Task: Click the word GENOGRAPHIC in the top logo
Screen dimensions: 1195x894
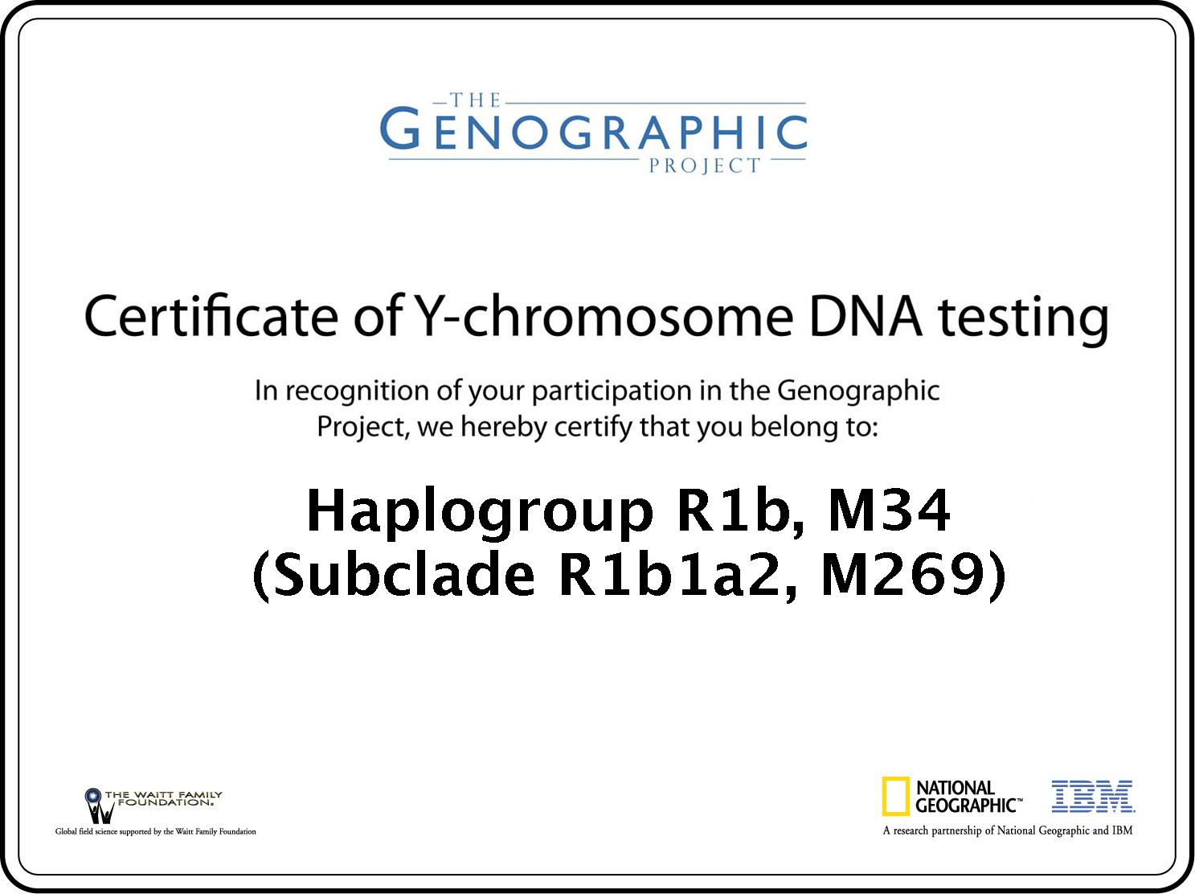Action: point(593,129)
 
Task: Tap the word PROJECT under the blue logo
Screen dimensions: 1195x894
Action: point(705,166)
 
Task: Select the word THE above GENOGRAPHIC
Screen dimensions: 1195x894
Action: point(475,100)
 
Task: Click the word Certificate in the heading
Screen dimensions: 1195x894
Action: point(211,316)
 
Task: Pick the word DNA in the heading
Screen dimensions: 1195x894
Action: point(866,316)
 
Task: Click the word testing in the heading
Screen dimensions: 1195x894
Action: point(1024,320)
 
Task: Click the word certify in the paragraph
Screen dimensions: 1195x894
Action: point(592,428)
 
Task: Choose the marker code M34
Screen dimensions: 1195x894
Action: point(889,511)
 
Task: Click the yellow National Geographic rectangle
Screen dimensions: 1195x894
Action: point(895,796)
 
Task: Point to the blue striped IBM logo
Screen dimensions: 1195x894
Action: point(1093,796)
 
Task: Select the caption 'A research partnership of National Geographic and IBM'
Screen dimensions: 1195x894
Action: point(1008,830)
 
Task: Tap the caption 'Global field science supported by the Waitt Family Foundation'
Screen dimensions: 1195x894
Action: point(156,831)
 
